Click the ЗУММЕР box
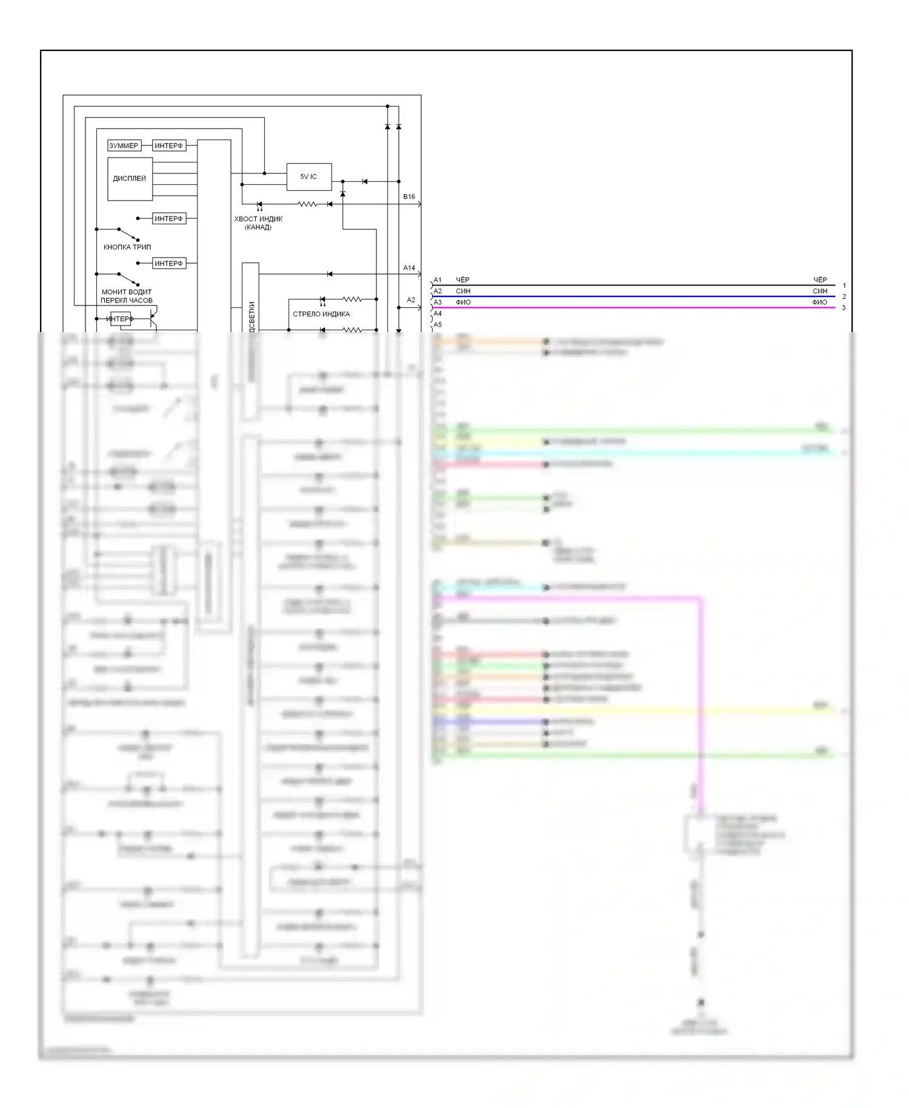[x=124, y=145]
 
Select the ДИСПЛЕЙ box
[x=130, y=179]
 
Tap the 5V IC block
[x=308, y=176]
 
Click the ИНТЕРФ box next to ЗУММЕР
[x=168, y=145]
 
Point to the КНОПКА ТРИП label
[x=127, y=247]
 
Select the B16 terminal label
[x=409, y=197]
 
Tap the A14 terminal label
[x=409, y=268]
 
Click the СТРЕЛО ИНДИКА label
[x=321, y=314]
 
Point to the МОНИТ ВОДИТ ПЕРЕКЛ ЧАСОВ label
[x=127, y=296]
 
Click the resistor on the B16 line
[x=307, y=204]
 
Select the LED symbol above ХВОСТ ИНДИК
[x=260, y=205]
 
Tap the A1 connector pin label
[x=438, y=280]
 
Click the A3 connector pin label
[x=438, y=302]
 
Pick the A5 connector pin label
[x=438, y=325]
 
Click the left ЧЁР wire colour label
[x=462, y=280]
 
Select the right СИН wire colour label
[x=820, y=292]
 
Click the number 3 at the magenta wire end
[x=844, y=308]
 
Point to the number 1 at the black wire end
[x=844, y=285]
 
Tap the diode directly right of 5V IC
[x=364, y=181]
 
